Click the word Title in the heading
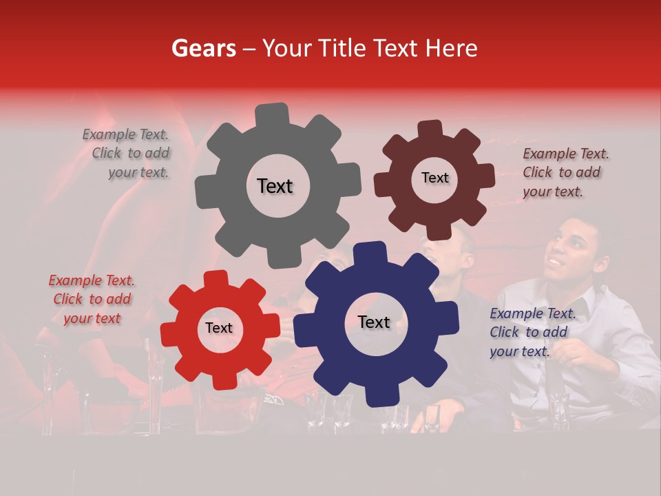click(x=343, y=48)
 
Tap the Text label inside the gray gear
click(x=275, y=186)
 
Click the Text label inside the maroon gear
click(x=434, y=178)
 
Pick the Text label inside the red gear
click(x=219, y=329)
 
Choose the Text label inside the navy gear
click(x=374, y=322)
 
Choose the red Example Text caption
click(x=92, y=299)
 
